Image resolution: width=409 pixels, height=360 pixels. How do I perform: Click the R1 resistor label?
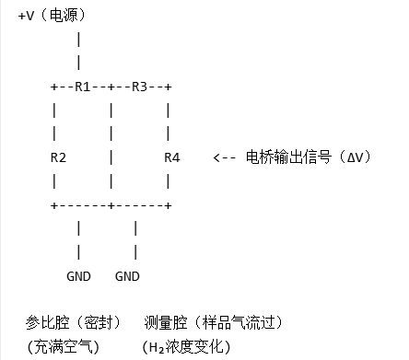pyautogui.click(x=82, y=87)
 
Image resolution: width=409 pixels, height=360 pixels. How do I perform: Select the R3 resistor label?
pyautogui.click(x=139, y=87)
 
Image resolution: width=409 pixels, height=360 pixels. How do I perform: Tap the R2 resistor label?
pyautogui.click(x=58, y=157)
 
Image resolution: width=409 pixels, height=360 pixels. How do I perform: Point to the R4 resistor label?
pyautogui.click(x=171, y=157)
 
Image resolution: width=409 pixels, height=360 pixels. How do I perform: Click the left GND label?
pyautogui.click(x=78, y=275)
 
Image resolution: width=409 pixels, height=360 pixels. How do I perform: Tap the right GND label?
pyautogui.click(x=127, y=275)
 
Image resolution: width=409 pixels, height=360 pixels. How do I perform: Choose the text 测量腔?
pyautogui.click(x=165, y=323)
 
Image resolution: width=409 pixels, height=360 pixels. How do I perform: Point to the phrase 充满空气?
pyautogui.click(x=61, y=347)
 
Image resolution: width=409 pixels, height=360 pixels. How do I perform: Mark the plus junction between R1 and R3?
pyautogui.click(x=111, y=87)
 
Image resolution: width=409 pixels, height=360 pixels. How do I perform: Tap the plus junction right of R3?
pyautogui.click(x=168, y=87)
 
